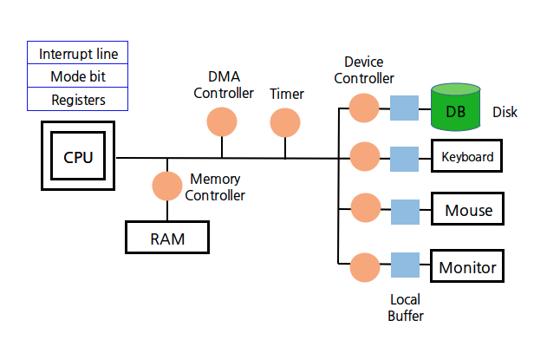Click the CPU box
pos(78,157)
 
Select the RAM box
pos(168,238)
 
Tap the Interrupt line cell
pos(78,54)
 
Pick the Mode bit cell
pos(78,76)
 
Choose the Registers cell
pos(78,100)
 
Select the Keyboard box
pos(467,157)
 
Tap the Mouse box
pos(467,210)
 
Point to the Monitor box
pos(467,266)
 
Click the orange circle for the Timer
pos(284,122)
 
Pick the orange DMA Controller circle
pos(221,121)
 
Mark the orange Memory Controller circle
pos(166,185)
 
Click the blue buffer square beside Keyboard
pos(404,158)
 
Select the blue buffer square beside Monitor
pos(404,265)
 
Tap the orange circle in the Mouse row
pos(364,210)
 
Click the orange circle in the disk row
pos(364,108)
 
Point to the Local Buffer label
pos(406,307)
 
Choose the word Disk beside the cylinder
pos(505,112)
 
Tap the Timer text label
pos(286,93)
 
